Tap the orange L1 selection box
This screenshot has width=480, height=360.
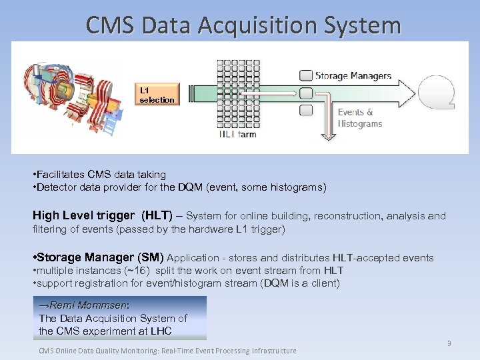pyautogui.click(x=157, y=95)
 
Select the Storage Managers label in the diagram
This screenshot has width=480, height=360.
pyautogui.click(x=353, y=76)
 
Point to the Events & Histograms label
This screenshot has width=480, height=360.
pyautogui.click(x=360, y=118)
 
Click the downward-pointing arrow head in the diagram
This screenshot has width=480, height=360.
pyautogui.click(x=327, y=136)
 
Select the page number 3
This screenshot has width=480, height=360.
pyautogui.click(x=449, y=343)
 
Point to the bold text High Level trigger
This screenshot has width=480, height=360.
pyautogui.click(x=83, y=215)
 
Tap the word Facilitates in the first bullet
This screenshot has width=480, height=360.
pyautogui.click(x=61, y=174)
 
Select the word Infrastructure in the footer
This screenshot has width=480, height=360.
pyautogui.click(x=267, y=351)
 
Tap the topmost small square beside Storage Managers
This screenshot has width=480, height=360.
pyautogui.click(x=306, y=75)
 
